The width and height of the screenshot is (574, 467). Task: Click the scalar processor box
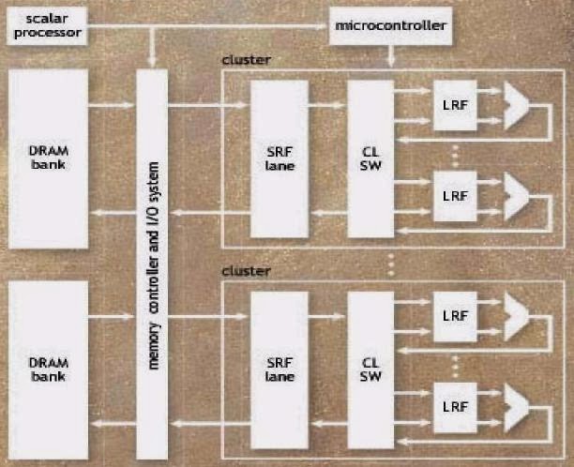pyautogui.click(x=43, y=25)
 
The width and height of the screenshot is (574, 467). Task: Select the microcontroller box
pyautogui.click(x=390, y=25)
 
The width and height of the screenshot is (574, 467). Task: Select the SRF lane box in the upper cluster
pyautogui.click(x=279, y=158)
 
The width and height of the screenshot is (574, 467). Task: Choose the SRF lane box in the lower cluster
pyautogui.click(x=279, y=369)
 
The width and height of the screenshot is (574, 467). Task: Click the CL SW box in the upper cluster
pyautogui.click(x=369, y=158)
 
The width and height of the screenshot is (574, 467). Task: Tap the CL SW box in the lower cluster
pyautogui.click(x=369, y=369)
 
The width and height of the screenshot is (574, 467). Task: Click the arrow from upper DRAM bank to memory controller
pyautogui.click(x=113, y=105)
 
